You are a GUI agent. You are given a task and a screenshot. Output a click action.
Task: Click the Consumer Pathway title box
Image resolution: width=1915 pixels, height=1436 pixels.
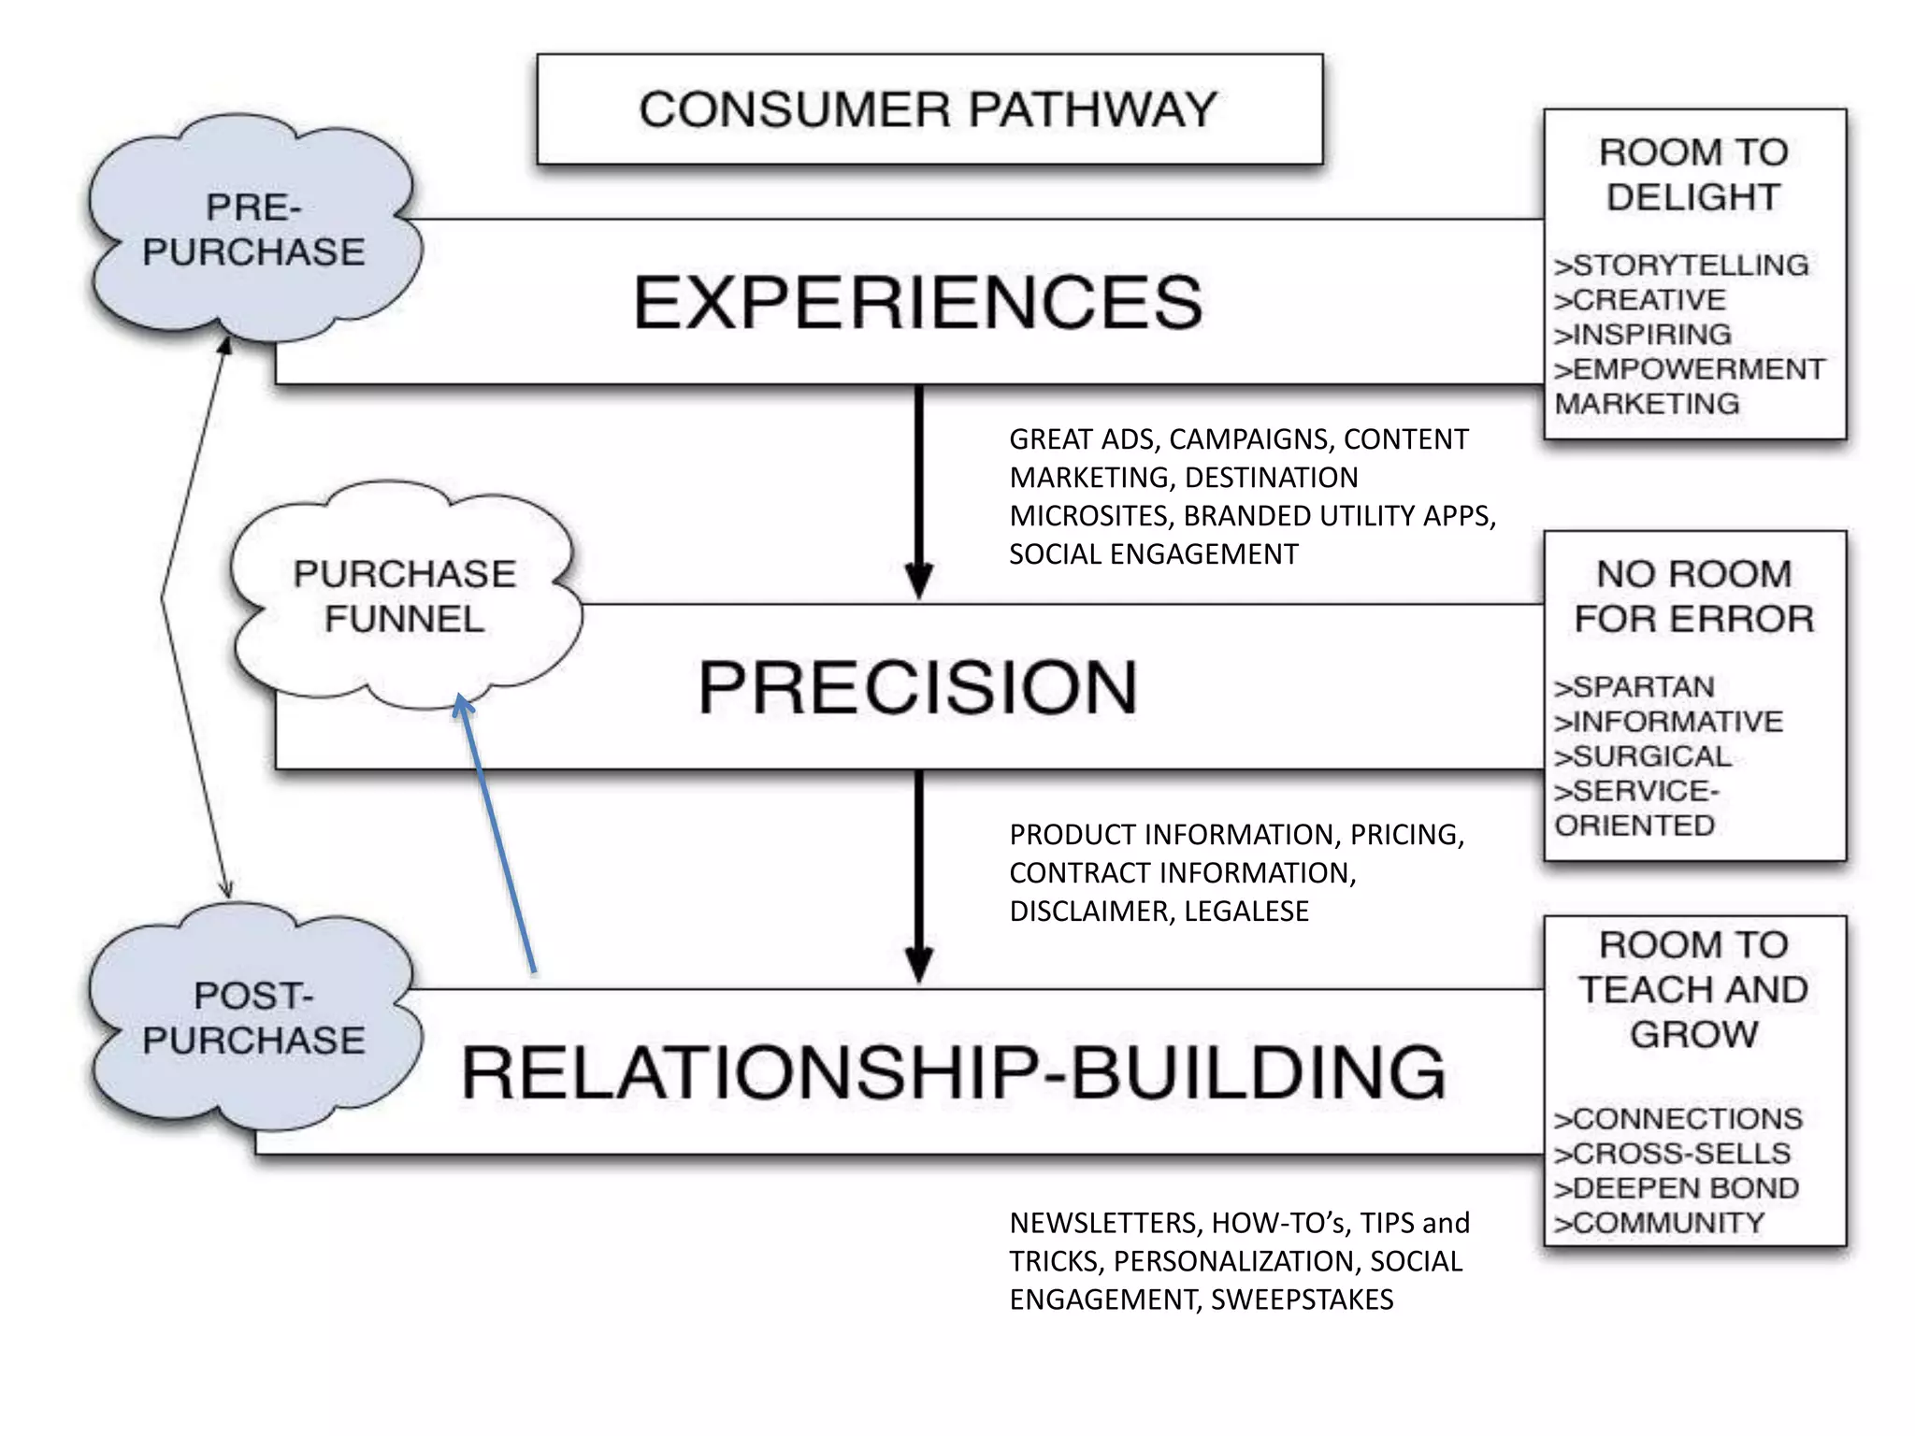point(929,109)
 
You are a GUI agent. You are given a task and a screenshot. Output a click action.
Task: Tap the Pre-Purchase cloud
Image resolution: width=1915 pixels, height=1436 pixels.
point(252,230)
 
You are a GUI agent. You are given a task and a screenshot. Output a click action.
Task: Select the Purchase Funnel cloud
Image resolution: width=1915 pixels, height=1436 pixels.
point(404,596)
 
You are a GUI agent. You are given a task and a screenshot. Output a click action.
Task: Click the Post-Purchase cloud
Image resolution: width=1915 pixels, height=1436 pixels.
point(252,1018)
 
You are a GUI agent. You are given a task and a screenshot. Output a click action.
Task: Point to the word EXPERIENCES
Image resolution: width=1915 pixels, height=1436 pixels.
point(917,303)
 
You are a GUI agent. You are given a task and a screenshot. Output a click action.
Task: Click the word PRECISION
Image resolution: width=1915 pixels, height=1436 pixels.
point(917,687)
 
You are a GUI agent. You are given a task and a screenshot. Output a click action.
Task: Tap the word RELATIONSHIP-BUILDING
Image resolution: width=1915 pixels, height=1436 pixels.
point(953,1072)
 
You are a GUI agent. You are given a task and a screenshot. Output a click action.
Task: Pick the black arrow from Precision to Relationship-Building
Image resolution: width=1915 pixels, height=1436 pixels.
point(919,874)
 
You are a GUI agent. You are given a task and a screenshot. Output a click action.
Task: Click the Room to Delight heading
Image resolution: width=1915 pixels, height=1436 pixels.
point(1693,175)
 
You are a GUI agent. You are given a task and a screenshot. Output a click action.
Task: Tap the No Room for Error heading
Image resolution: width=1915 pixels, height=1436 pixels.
point(1693,596)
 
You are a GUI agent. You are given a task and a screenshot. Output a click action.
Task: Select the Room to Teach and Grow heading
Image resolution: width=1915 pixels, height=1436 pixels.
point(1693,989)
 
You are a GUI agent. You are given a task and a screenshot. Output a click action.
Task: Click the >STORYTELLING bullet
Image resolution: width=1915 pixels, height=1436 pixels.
point(1680,266)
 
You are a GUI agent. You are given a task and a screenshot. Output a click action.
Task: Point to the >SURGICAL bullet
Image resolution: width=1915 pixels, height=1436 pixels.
point(1642,756)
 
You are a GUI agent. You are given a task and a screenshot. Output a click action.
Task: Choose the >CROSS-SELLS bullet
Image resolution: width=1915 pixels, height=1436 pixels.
point(1672,1154)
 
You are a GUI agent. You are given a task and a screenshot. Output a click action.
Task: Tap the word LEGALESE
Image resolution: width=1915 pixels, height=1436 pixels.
point(1246,911)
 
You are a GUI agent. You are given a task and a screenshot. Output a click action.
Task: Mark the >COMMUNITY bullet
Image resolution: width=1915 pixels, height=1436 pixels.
point(1659,1223)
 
